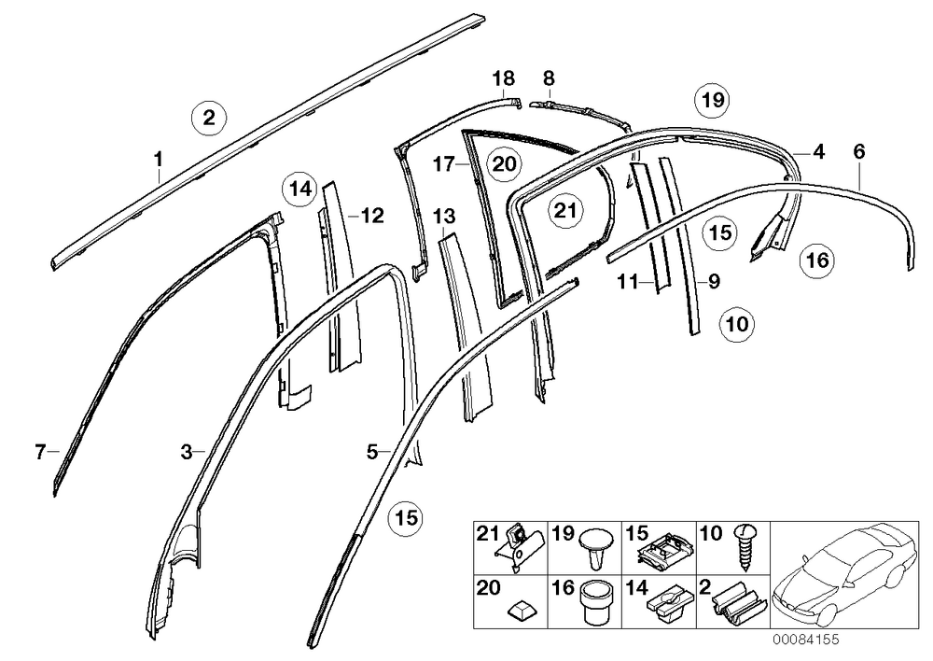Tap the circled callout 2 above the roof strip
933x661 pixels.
point(208,118)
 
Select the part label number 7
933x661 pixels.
point(40,452)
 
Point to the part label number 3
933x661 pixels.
point(187,452)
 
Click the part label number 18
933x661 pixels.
point(504,78)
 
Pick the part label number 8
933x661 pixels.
point(549,78)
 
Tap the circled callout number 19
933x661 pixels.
point(713,100)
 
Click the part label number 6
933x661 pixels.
point(858,151)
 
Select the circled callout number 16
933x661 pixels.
point(817,260)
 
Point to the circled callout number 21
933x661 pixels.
point(565,210)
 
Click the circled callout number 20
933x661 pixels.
point(504,163)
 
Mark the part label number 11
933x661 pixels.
point(628,280)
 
